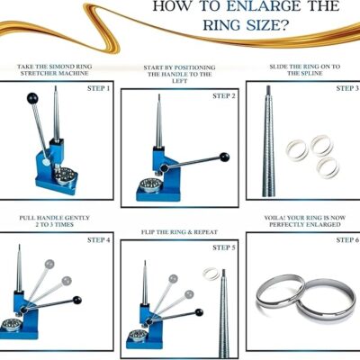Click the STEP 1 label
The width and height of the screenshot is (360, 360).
(x=98, y=88)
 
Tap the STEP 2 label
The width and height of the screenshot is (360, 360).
(x=224, y=96)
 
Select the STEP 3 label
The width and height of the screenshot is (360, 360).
(x=347, y=88)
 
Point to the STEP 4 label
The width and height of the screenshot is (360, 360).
(x=98, y=240)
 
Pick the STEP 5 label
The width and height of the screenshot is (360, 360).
(x=224, y=247)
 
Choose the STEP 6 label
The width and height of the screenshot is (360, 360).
(x=347, y=240)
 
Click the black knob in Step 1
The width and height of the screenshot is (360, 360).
(x=32, y=98)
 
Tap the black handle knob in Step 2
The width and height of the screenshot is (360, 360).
(x=224, y=157)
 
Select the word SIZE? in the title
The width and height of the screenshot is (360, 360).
(x=267, y=25)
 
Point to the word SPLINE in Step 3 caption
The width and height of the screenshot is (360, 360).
(x=311, y=74)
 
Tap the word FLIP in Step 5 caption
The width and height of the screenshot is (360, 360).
(x=148, y=232)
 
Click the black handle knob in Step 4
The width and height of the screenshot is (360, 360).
(x=77, y=300)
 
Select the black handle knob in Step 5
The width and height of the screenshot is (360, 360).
(x=199, y=312)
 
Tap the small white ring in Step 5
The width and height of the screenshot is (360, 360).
(x=211, y=274)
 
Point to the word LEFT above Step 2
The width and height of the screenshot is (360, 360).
(x=180, y=81)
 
